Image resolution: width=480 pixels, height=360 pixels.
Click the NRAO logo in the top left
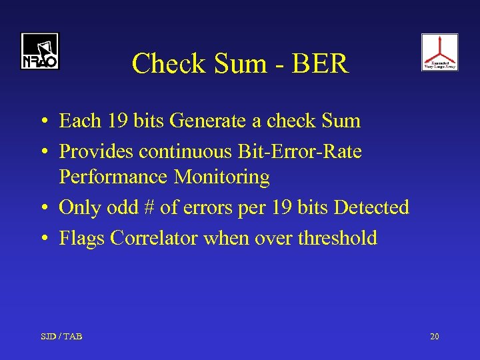[39, 51]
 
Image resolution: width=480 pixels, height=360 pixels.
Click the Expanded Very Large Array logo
[439, 52]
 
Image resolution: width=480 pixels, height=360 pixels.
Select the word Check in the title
[161, 64]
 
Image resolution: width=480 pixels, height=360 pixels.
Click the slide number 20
[435, 337]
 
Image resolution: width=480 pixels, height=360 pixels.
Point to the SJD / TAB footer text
[62, 337]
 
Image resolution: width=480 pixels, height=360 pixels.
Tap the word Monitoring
[222, 177]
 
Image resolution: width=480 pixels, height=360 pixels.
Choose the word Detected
[371, 208]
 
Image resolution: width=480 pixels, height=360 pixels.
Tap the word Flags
[78, 238]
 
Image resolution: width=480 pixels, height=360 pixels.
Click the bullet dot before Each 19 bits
[42, 122]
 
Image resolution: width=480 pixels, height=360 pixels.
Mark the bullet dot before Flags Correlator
[42, 239]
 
